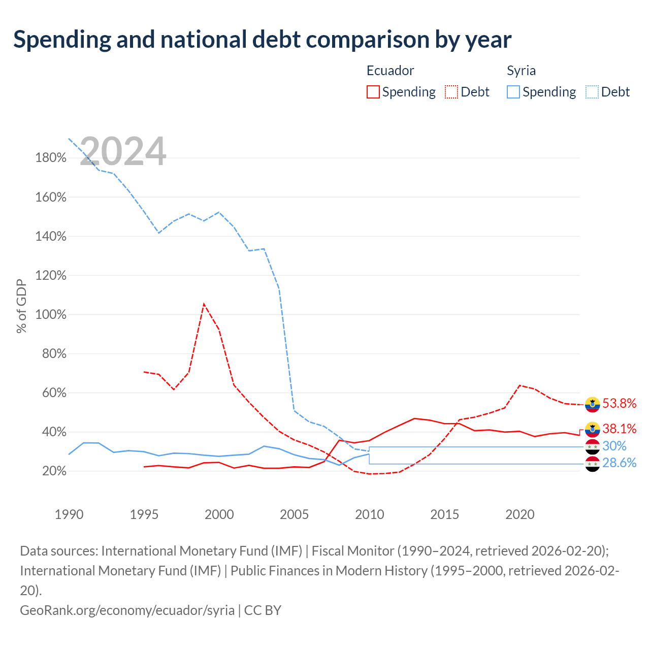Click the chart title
(262, 40)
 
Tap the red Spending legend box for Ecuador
(373, 92)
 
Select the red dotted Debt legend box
(451, 92)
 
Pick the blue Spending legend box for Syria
(513, 92)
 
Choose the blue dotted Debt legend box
(592, 92)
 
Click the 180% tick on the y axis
(51, 157)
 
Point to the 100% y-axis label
(51, 314)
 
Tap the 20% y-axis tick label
(54, 471)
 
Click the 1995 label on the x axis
(144, 514)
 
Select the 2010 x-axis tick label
(369, 514)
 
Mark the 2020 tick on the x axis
(520, 514)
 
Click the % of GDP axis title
(21, 306)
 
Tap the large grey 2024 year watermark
(123, 151)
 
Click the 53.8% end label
(620, 403)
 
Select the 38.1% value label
(620, 429)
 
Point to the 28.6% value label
(620, 463)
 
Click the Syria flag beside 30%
(592, 446)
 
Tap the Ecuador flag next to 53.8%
(592, 405)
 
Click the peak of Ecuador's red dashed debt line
(204, 304)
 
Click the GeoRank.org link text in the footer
(127, 610)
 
